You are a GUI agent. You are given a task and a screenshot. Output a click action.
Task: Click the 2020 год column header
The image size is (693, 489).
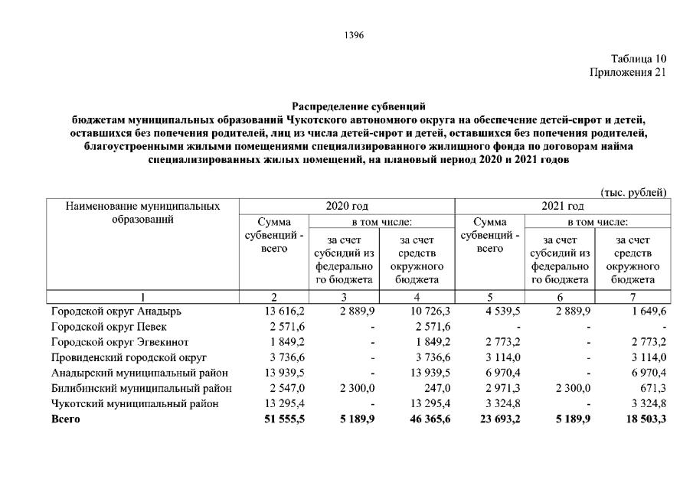(347, 206)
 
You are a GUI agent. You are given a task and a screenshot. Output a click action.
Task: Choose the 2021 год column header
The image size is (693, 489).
(562, 206)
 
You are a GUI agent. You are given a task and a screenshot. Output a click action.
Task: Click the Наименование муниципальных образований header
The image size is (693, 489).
(142, 213)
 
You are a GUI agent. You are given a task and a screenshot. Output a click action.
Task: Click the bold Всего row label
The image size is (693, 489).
(66, 419)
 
